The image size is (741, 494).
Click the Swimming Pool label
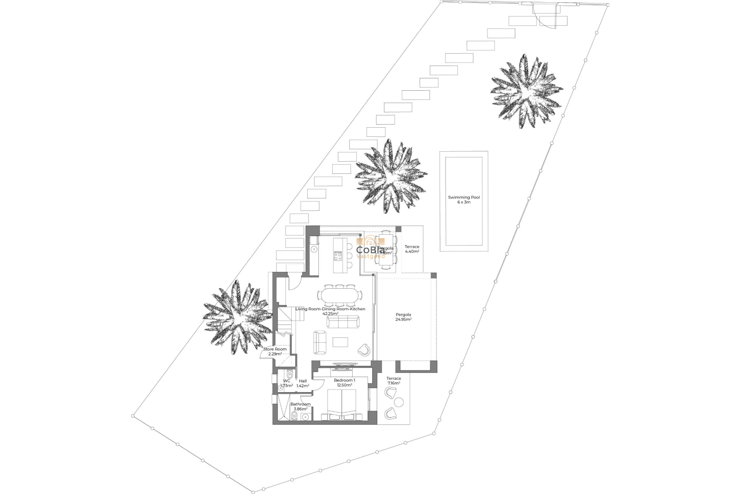pos(464,200)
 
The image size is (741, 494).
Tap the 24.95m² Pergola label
pos(403,317)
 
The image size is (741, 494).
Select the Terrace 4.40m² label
pos(412,249)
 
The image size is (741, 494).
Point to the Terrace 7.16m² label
pos(394,381)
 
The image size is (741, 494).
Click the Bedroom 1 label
pos(344,382)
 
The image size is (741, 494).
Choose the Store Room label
pos(275,351)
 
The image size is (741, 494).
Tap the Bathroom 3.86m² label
pos(300,406)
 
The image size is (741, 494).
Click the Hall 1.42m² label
pos(303,383)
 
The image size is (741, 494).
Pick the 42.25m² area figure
pos(330,314)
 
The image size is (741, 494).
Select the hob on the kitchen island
pos(338,256)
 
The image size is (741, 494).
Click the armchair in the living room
pos(364,350)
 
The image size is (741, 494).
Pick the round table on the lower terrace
pos(399,402)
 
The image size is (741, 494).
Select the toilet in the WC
pos(289,374)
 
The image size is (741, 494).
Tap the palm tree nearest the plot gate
pos(526,91)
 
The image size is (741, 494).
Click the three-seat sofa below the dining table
pos(343,321)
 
